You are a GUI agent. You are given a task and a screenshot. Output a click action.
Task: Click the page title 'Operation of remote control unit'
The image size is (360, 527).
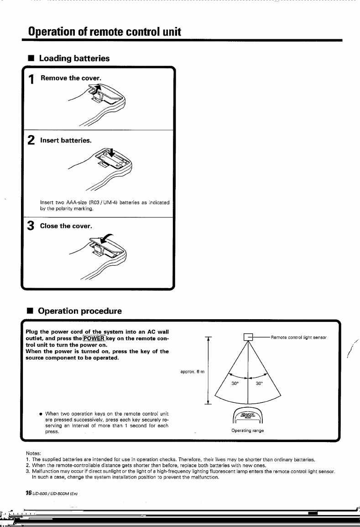[x=104, y=32]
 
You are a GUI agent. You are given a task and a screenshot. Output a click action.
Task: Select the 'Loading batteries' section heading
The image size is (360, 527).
[x=74, y=58]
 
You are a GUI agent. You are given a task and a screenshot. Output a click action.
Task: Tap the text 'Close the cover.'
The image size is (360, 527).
[x=66, y=226]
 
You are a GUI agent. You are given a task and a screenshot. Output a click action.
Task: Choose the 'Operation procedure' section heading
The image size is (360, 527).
[x=80, y=311]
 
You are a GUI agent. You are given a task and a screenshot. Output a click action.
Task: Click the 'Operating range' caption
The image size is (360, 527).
[x=249, y=430]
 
